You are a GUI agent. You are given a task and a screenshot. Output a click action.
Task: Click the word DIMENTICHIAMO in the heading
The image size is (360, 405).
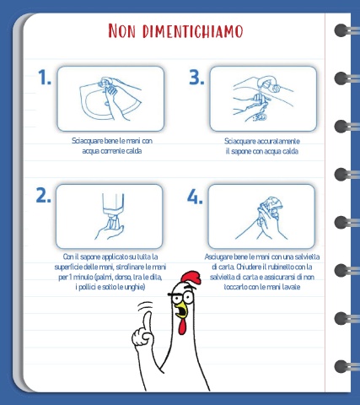pos(192,31)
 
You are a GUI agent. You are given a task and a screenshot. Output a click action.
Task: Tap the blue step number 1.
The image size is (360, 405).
pos(45,78)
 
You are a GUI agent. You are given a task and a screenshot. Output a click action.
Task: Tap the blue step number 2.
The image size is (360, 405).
pos(44,196)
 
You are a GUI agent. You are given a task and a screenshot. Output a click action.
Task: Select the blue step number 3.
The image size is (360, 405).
pos(196,78)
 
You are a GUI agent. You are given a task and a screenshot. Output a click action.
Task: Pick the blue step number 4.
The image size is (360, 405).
pos(195,196)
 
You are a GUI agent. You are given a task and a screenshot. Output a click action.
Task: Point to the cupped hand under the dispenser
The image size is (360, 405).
pos(109,232)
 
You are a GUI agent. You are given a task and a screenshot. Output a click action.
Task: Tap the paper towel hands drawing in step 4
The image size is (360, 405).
pos(263,218)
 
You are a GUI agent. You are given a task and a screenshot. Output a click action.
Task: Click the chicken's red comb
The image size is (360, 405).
pos(191,278)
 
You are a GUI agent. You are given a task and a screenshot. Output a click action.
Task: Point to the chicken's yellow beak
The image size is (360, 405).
pos(181,310)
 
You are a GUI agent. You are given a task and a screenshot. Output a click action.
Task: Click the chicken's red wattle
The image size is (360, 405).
pos(183,327)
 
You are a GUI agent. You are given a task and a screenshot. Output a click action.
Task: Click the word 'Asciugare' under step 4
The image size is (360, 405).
pos(218,257)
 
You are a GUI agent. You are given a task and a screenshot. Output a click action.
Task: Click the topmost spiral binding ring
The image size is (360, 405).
pos(341,30)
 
